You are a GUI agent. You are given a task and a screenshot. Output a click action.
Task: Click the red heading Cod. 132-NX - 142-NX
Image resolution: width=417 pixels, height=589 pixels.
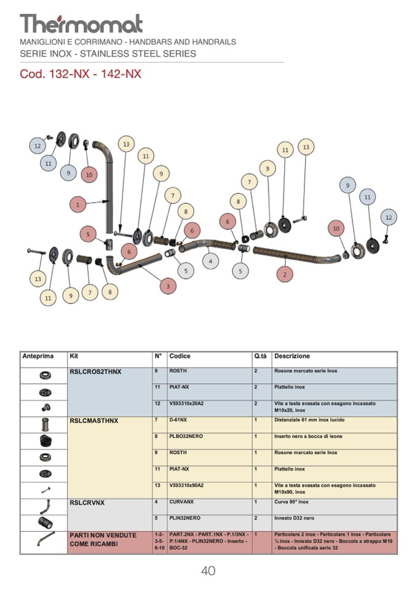[x=81, y=74]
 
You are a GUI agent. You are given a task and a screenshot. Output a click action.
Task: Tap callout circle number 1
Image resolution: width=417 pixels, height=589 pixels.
[x=77, y=205]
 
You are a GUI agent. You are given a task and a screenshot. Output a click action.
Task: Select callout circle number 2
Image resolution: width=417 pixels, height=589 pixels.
[x=284, y=275]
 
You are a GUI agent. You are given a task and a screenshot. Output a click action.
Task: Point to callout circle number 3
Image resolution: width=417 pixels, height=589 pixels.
[x=168, y=286]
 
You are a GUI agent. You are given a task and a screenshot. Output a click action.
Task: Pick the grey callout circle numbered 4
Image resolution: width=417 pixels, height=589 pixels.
[x=211, y=262]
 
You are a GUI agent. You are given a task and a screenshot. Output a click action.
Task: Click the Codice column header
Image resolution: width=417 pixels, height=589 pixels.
[x=180, y=356]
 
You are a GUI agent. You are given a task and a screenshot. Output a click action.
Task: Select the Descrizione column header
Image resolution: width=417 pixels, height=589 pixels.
[x=292, y=356]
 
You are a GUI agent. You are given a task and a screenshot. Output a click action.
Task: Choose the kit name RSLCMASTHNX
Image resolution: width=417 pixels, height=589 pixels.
[x=94, y=421]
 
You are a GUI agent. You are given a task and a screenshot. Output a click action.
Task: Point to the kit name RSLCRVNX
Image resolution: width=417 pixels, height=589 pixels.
[x=87, y=502]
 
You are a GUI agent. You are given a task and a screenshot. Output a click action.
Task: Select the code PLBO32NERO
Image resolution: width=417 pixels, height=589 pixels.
[x=186, y=436]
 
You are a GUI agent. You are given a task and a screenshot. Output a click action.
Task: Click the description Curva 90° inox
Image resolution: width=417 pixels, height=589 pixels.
[x=292, y=502]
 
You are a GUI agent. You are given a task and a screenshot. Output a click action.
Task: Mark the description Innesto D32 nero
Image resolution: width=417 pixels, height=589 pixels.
[x=294, y=518]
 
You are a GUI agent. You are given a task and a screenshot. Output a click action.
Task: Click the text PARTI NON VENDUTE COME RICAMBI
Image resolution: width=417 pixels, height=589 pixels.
[x=103, y=540]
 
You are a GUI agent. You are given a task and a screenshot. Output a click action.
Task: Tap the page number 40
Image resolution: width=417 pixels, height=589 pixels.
[x=208, y=571]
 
